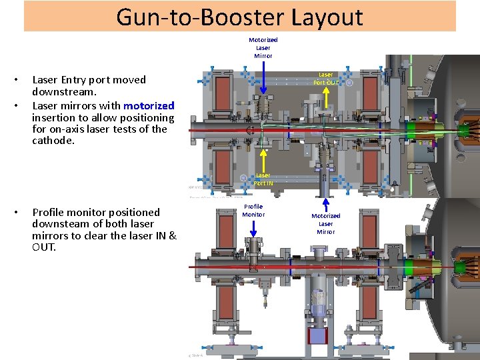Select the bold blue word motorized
(149, 105)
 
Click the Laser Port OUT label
(325, 79)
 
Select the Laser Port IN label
(263, 179)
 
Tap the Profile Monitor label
(253, 211)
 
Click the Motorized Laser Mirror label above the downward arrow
(263, 47)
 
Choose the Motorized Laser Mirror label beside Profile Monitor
(326, 223)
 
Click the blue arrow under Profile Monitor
(253, 228)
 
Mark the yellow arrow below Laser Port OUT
(325, 98)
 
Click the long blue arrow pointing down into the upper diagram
(263, 77)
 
